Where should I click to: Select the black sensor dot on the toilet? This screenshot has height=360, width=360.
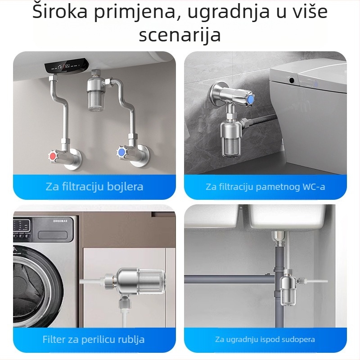292,81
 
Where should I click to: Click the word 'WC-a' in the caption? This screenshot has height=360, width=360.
313,187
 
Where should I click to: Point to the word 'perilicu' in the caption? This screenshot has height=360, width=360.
100,339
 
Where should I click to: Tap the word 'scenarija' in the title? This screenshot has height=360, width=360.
180,35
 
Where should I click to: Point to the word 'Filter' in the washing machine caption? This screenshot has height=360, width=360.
54,339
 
